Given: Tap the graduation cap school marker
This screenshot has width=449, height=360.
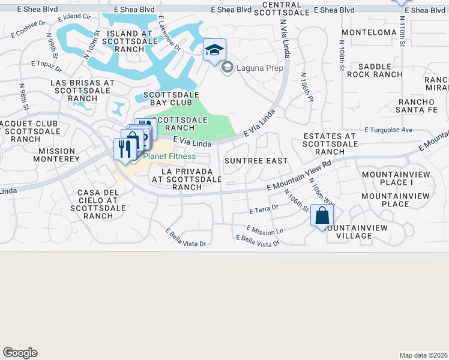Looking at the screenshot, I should click(214, 50).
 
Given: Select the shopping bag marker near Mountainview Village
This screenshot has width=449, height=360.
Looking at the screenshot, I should click(322, 216).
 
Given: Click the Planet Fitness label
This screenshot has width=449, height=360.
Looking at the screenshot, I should click(169, 157).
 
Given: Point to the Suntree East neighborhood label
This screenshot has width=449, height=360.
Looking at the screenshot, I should click(256, 161).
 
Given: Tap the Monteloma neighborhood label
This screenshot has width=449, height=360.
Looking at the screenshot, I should click(366, 32).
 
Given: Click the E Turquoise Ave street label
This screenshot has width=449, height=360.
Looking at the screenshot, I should click(389, 130).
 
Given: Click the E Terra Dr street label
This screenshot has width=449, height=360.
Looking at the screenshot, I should click(264, 210).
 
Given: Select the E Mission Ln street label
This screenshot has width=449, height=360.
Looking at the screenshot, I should click(265, 230).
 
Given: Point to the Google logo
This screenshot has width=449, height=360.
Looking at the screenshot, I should click(20, 353).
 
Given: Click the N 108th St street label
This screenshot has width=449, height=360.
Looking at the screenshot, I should click(341, 55).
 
